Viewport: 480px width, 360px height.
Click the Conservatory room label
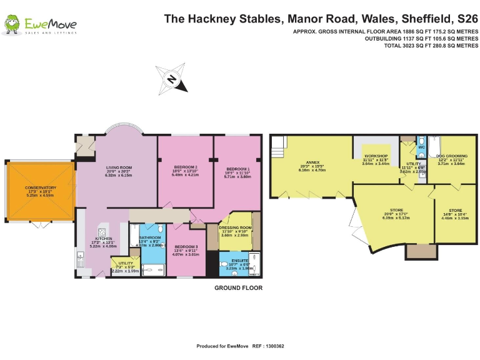pos(41,188)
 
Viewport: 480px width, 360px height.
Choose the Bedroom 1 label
pos(237,169)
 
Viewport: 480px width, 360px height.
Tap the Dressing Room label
pos(235,228)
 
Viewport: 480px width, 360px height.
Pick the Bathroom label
pos(150,238)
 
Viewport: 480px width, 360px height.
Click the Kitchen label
pos(104,239)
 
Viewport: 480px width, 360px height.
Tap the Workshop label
pos(376,156)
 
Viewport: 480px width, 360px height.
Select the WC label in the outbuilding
pos(421,147)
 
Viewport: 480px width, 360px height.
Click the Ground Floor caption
pos(238,288)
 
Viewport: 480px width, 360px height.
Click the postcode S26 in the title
pos(467,18)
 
